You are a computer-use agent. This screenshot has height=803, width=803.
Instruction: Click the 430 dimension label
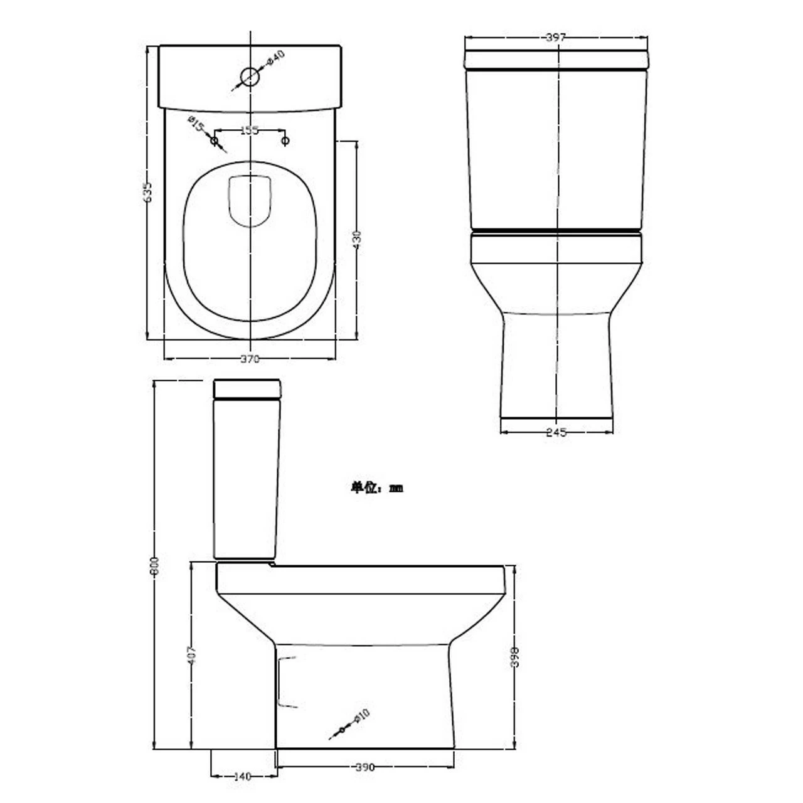[x=357, y=240]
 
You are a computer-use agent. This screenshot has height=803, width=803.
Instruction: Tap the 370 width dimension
[x=250, y=359]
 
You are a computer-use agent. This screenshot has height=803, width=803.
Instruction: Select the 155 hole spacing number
[x=250, y=130]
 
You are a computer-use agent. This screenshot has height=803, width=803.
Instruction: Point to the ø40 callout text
[x=276, y=57]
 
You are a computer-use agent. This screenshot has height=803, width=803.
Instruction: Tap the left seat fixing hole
[x=215, y=141]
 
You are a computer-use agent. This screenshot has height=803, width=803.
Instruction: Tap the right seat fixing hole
[x=285, y=141]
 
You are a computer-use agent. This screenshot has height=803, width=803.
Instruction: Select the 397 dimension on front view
[x=556, y=38]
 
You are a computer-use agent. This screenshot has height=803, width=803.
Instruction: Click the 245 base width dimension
[x=556, y=432]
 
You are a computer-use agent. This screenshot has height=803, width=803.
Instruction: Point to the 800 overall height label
[x=156, y=566]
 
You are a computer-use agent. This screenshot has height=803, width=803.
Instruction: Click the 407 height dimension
[x=193, y=655]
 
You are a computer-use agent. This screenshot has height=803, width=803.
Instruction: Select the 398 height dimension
[x=514, y=656]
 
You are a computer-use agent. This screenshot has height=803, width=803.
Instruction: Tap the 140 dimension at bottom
[x=242, y=776]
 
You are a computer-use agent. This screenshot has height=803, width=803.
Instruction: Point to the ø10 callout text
[x=362, y=716]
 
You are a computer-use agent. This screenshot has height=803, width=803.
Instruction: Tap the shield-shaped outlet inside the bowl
[x=250, y=201]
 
